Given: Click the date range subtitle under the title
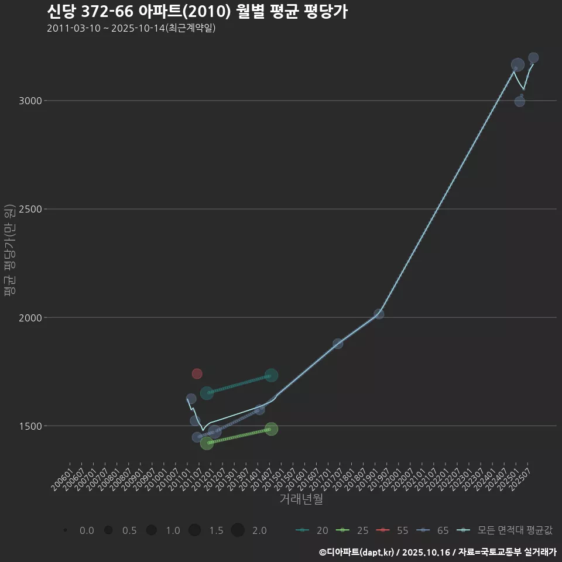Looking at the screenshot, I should coord(132,28).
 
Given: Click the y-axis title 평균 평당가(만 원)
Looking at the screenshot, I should coord(9,252).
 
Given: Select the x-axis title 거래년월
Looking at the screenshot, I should coord(301,499).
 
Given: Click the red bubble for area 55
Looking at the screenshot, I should coord(197,373).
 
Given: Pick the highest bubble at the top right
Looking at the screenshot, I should coord(533,57).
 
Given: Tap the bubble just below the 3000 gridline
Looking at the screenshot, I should coord(520,101).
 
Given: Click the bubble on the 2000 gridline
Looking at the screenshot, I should coord(379,314).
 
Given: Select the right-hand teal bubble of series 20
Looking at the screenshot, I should coord(271,375).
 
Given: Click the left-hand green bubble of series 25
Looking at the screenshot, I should coord(207,443).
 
